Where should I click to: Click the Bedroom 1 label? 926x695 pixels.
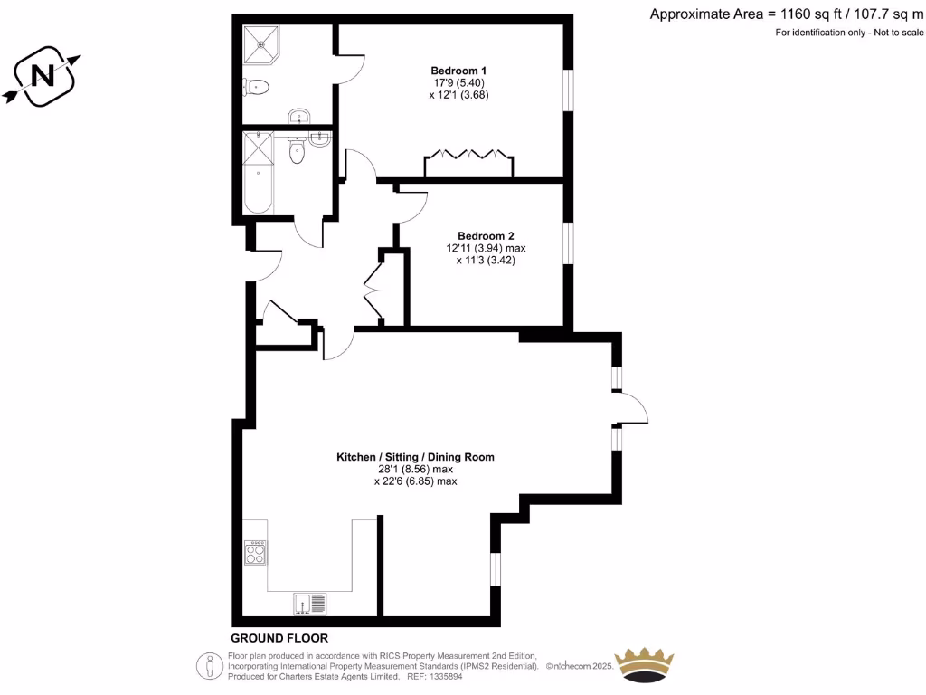(458, 71)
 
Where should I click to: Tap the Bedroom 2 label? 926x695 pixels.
(486, 235)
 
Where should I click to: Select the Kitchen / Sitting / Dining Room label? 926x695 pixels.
(415, 457)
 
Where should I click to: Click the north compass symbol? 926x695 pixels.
(42, 76)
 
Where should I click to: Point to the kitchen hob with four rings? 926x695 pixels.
(255, 552)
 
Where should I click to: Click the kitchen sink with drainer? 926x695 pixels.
(309, 603)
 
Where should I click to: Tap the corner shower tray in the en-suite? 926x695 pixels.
(262, 42)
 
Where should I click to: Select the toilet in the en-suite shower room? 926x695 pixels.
(256, 88)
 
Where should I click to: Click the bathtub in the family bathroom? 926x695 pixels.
(259, 172)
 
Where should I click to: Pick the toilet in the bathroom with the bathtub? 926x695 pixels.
(297, 152)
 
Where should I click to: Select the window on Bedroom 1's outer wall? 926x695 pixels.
(568, 90)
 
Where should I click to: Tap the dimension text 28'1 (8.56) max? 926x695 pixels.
(415, 470)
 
